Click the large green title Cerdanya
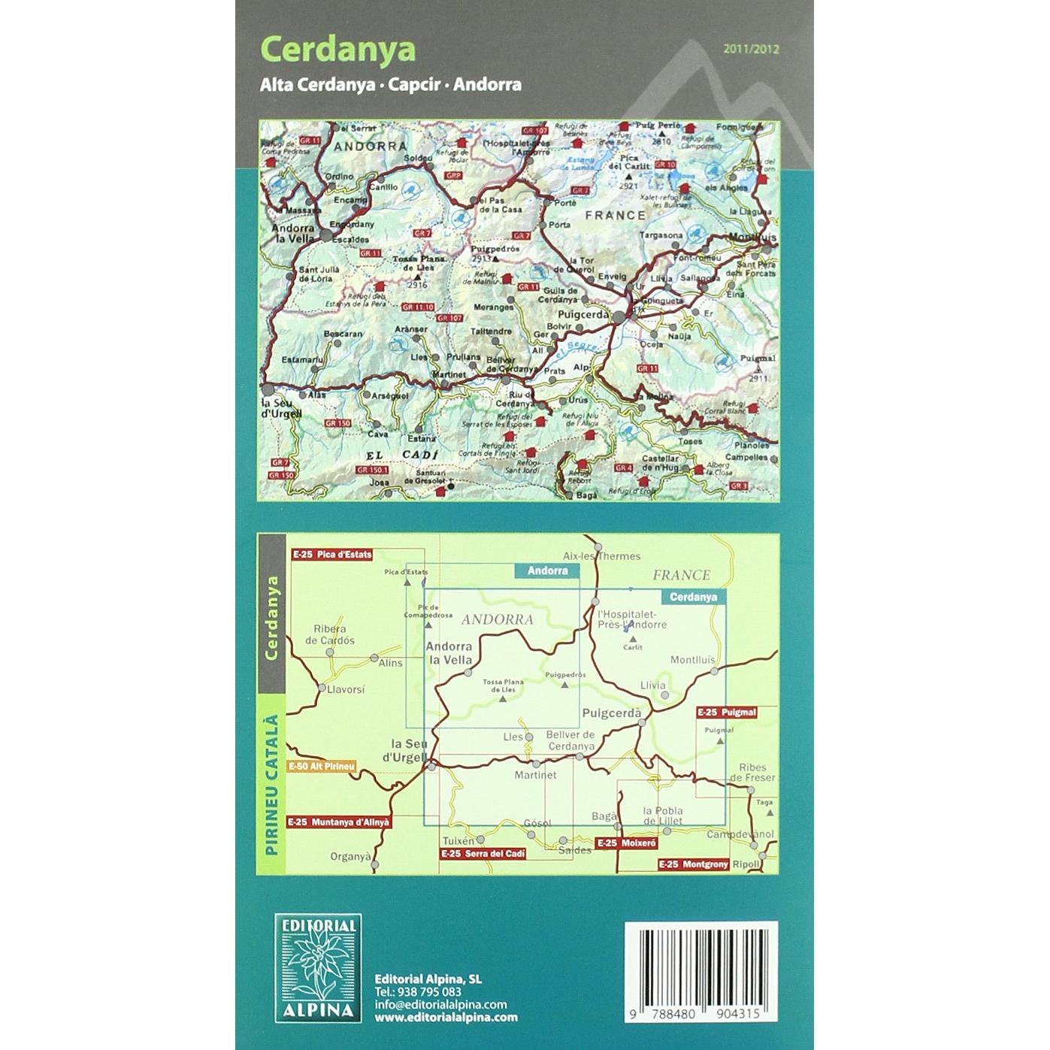pos(337,50)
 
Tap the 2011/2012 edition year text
pos(751,50)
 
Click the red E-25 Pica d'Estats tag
pos(331,555)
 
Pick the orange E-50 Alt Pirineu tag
pos(322,767)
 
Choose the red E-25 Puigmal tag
pos(725,712)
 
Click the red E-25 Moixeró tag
pos(627,844)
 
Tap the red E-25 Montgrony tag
pos(694,865)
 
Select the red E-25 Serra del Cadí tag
pos(482,854)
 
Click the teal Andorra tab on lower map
pos(547,571)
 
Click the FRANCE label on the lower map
pos(681,575)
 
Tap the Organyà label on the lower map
pos(351,856)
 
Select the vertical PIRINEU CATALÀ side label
pos(271,785)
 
